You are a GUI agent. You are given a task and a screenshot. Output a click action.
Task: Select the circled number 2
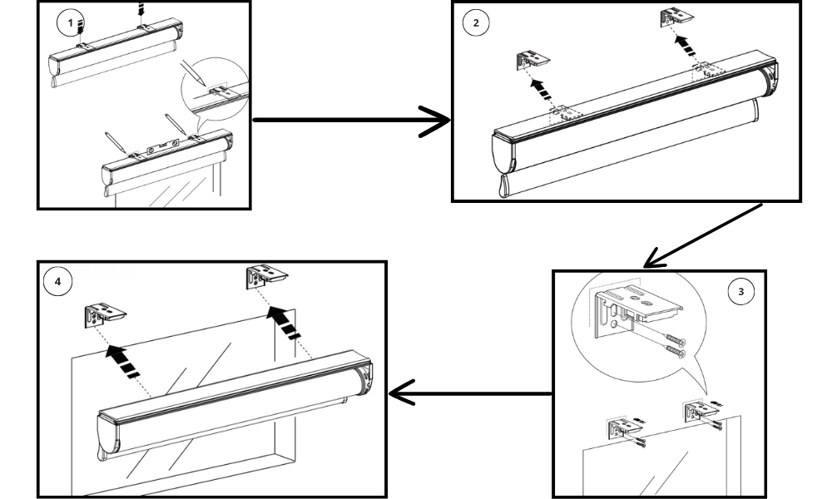[476, 22]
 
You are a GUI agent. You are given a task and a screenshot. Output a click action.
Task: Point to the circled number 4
[57, 283]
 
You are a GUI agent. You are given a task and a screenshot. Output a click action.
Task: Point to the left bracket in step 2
[530, 59]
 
